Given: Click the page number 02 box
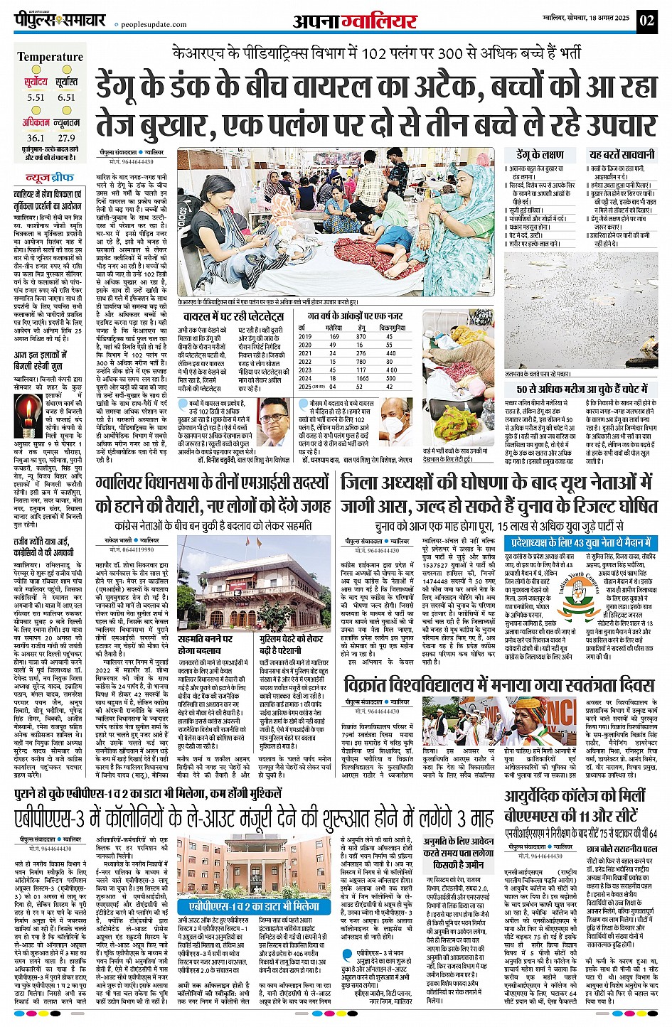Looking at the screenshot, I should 646,20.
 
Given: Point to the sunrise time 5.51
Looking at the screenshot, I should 36,97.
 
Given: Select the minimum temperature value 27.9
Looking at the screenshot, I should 66,138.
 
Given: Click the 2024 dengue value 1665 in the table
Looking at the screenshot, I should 363,379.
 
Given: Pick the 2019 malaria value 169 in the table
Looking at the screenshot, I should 334,336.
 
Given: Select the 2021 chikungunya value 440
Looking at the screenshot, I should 391,353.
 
